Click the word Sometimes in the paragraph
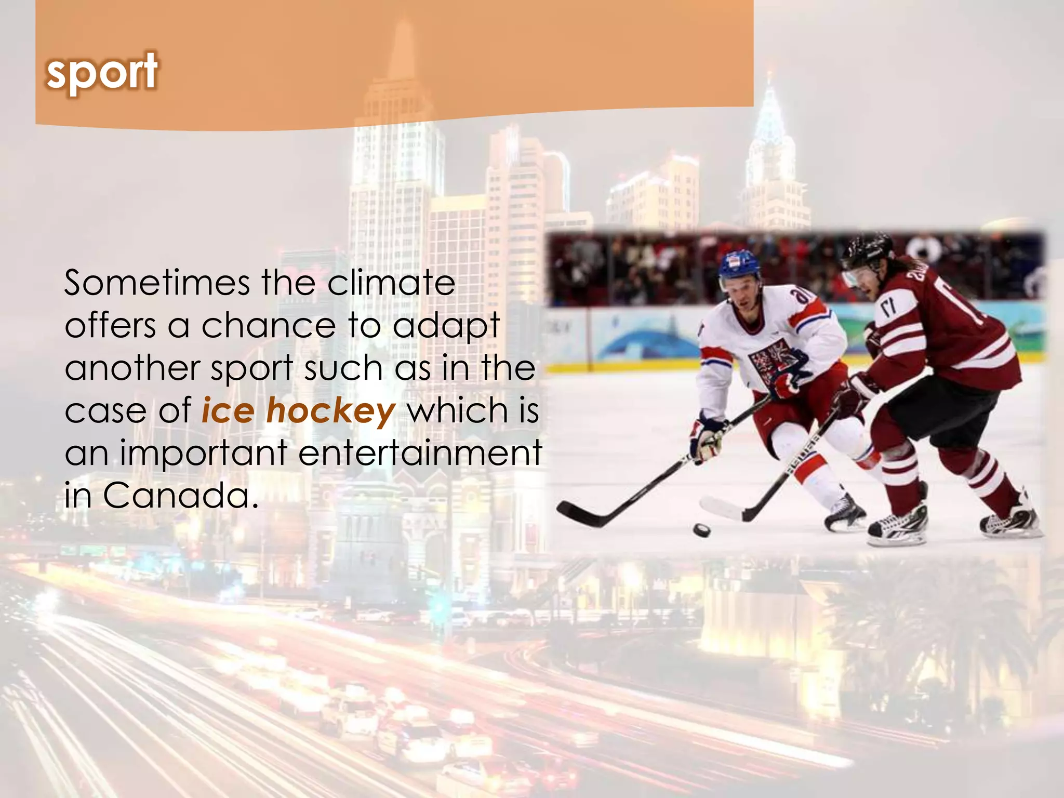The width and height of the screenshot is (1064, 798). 157,283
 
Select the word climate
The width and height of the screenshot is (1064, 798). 391,283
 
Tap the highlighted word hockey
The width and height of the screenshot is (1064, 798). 331,411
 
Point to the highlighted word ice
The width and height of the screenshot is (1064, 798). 228,411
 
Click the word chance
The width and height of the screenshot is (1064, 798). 269,326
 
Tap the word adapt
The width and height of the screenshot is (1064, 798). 446,327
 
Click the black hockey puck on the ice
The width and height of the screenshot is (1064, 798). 702,530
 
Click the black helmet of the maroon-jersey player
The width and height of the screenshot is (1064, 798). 868,249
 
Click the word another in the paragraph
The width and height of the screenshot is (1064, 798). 132,368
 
